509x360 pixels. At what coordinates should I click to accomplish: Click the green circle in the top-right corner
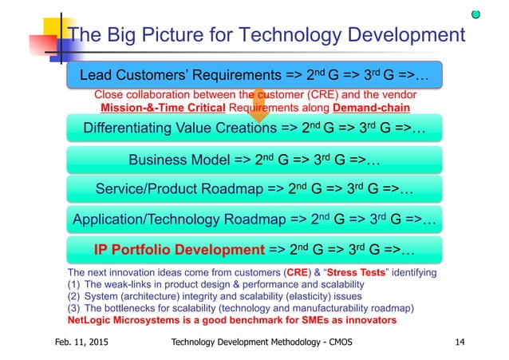click(475, 14)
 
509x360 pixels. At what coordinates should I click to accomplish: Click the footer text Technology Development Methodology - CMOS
click(262, 342)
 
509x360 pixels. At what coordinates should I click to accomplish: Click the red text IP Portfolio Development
click(179, 250)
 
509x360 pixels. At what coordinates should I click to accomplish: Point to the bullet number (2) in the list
click(75, 295)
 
